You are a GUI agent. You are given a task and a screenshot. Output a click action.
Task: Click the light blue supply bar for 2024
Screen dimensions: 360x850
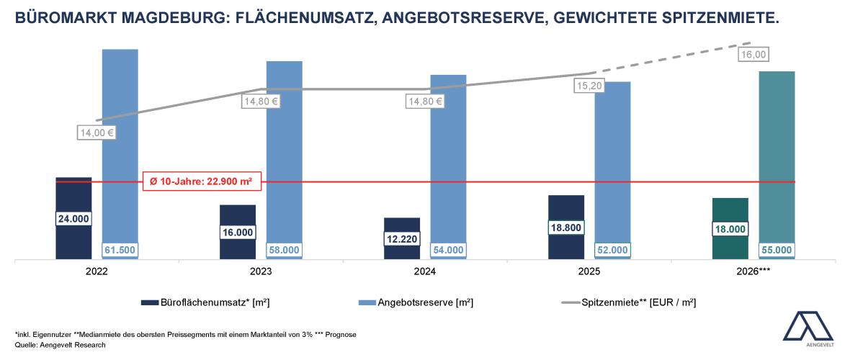pyautogui.click(x=449, y=158)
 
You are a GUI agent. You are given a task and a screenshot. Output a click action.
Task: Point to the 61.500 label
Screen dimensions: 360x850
pyautogui.click(x=120, y=250)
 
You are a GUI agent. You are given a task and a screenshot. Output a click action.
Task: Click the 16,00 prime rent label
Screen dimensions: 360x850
pyautogui.click(x=753, y=55)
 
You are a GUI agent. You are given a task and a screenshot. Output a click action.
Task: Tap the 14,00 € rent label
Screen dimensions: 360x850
pyautogui.click(x=97, y=132)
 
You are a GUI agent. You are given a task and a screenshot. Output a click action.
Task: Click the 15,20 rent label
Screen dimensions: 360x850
pyautogui.click(x=590, y=86)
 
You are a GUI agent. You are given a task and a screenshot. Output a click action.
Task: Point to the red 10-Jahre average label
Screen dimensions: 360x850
pyautogui.click(x=201, y=181)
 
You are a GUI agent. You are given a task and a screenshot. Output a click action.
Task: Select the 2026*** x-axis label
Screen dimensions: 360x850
pyautogui.click(x=753, y=274)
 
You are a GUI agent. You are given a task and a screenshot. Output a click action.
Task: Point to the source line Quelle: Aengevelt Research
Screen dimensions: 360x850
pyautogui.click(x=61, y=346)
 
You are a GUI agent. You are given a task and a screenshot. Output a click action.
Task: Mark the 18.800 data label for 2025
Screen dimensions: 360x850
pyautogui.click(x=566, y=227)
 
